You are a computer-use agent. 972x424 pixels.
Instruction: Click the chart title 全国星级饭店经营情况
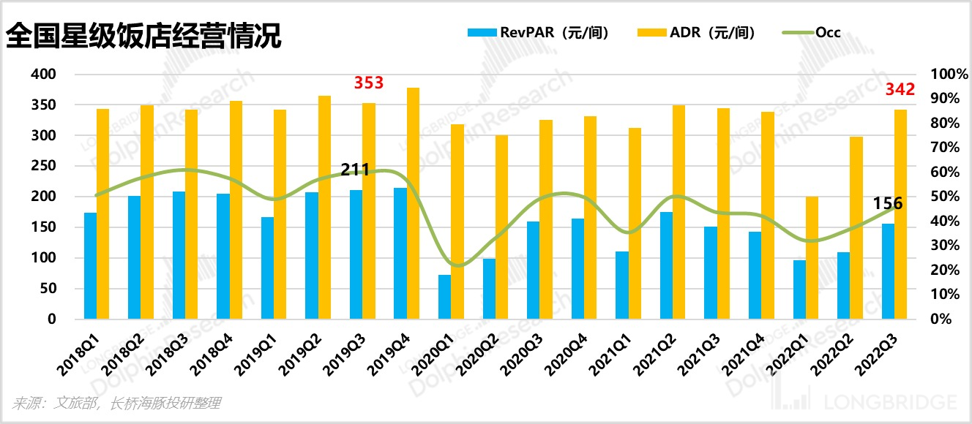(143, 34)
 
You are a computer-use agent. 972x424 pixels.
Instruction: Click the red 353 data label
(369, 83)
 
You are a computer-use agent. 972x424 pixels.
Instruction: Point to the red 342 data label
(900, 90)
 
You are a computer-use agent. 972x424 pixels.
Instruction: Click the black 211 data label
(356, 170)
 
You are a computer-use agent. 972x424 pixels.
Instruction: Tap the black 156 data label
(888, 203)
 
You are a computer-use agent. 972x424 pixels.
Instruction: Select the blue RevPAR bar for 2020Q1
(444, 297)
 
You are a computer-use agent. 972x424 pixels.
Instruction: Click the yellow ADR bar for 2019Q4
(413, 203)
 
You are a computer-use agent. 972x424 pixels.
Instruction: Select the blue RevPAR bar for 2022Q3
(888, 271)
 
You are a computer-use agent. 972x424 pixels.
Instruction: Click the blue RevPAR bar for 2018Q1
(90, 266)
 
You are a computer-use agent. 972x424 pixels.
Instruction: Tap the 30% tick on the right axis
(943, 246)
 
